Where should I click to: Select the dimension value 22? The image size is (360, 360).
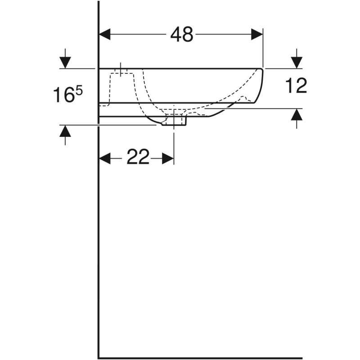137,157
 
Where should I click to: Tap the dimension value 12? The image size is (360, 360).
296,85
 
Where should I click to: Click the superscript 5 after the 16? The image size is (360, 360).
78,91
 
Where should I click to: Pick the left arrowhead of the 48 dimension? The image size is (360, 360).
104,34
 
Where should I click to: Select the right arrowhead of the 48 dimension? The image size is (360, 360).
257,34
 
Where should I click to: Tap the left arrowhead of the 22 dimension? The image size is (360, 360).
104,158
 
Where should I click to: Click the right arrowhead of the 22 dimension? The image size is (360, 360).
168,158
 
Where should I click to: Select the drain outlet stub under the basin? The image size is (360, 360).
175,121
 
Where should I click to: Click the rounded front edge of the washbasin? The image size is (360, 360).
260,85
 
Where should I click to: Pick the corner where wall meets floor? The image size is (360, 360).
99,358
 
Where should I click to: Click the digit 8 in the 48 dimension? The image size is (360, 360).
188,34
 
